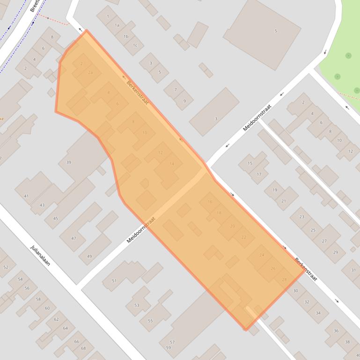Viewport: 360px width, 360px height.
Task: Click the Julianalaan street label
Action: (x=40, y=255)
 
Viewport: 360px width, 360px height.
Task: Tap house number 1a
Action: (x=117, y=25)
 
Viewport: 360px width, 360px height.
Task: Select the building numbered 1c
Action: (x=135, y=45)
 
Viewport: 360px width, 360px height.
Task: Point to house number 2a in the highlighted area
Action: (x=90, y=73)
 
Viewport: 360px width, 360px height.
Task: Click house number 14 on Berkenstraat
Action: (x=172, y=164)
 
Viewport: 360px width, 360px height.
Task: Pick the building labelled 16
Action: (x=210, y=202)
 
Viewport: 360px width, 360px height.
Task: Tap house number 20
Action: (x=233, y=226)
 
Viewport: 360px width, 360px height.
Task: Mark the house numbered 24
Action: (x=262, y=255)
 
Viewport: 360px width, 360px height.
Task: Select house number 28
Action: (x=284, y=279)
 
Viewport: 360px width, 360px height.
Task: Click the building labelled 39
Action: (x=68, y=162)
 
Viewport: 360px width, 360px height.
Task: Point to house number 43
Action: (x=42, y=205)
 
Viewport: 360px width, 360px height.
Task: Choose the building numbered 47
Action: (x=73, y=238)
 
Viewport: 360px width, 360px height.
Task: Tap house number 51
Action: (x=114, y=281)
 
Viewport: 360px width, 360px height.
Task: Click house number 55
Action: (x=150, y=321)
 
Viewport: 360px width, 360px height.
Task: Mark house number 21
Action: (x=283, y=201)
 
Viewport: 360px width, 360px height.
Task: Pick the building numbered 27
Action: (x=324, y=241)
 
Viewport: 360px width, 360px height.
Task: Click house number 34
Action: (x=318, y=313)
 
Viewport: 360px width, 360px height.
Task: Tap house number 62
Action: (x=56, y=319)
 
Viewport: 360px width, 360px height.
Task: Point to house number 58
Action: (x=38, y=299)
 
